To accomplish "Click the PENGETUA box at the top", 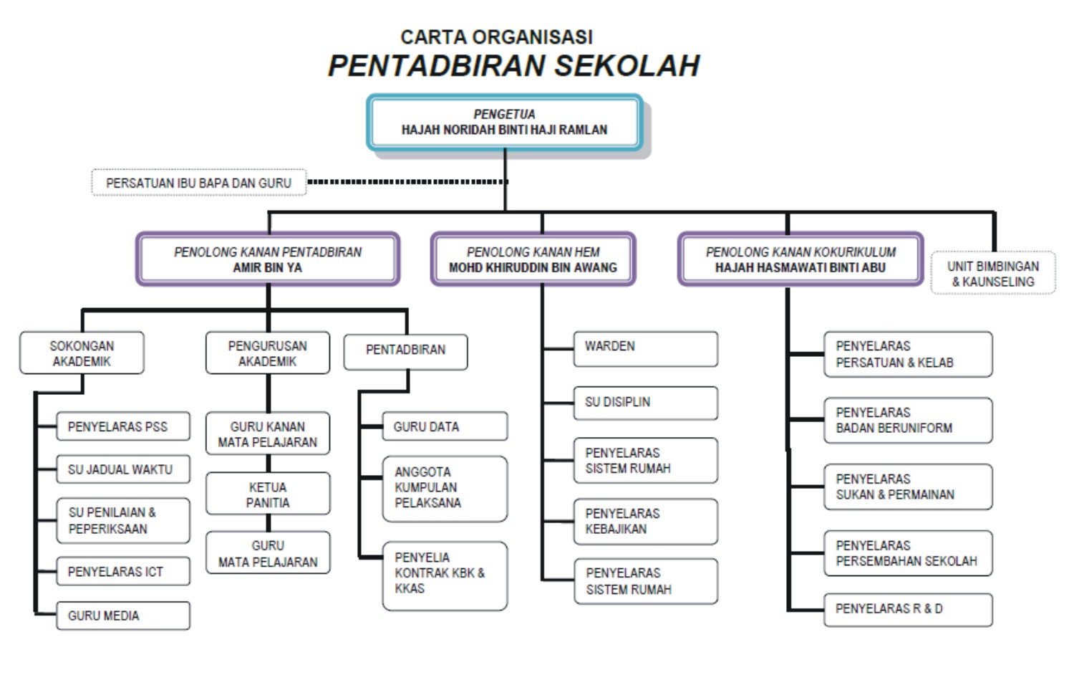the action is (x=504, y=123).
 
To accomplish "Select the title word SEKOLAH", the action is (x=627, y=66).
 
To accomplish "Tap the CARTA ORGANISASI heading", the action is (x=497, y=37).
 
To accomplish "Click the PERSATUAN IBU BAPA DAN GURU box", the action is (x=199, y=182).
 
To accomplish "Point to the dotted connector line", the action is (x=407, y=182).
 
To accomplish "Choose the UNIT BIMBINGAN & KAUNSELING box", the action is (x=993, y=272).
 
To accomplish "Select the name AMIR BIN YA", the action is (x=268, y=268).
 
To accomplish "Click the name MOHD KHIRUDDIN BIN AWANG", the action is (x=533, y=268).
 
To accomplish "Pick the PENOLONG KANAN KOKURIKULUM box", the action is (x=800, y=259).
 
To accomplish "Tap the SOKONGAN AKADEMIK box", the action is (x=82, y=353).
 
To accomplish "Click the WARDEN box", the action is (x=646, y=349).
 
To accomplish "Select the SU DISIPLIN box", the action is (x=646, y=403).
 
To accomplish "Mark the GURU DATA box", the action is (x=445, y=426).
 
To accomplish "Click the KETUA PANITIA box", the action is (x=268, y=494).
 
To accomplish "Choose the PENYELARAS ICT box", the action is (x=123, y=571).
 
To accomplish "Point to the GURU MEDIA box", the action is (x=123, y=616).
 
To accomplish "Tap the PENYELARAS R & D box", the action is (x=908, y=610).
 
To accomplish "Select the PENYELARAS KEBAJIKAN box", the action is (x=646, y=522).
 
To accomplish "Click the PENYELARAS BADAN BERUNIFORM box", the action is (x=908, y=420).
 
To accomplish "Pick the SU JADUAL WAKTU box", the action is (x=123, y=469).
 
